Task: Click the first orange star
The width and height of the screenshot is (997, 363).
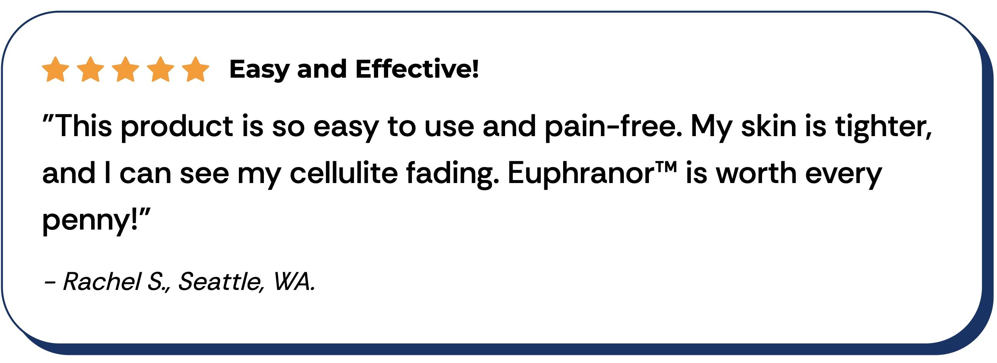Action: coord(55,69)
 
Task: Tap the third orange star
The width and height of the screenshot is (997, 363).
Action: coord(125,69)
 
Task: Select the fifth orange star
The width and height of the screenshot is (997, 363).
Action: coord(195,69)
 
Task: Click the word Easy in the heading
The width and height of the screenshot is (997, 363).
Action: coord(259,70)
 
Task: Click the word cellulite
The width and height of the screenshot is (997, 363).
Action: coord(344,173)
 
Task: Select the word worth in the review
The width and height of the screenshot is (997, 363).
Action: coord(756,173)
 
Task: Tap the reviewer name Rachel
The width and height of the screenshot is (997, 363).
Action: coord(102,281)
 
